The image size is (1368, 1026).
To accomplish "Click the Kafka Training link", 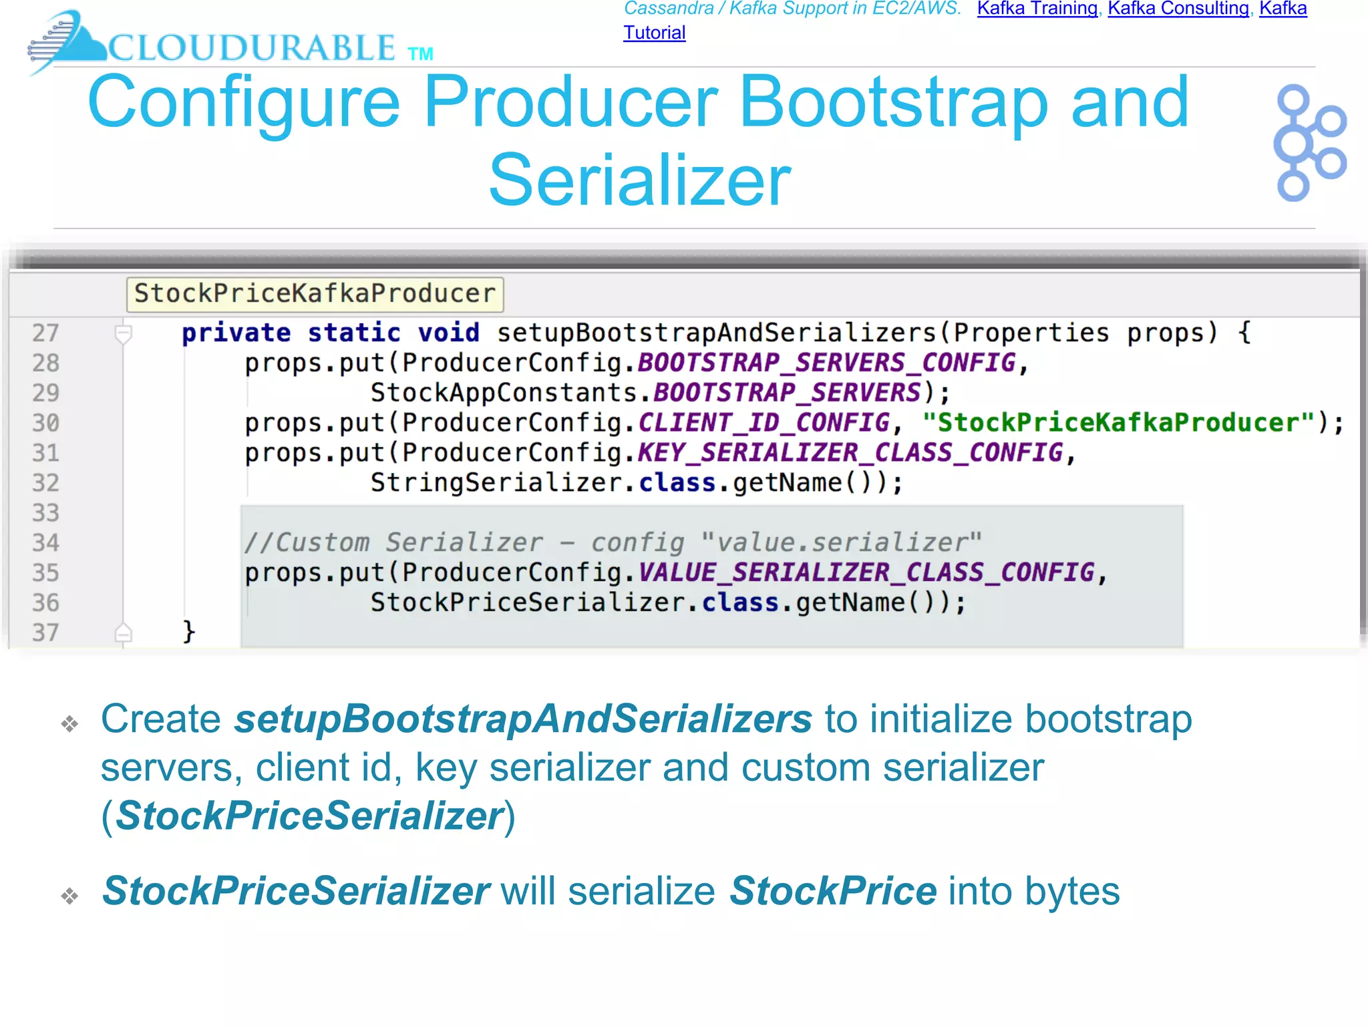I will [1037, 9].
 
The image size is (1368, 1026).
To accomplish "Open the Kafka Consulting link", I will [1178, 9].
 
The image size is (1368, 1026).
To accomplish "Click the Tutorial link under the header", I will [654, 33].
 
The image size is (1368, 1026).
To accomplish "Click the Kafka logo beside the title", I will [1310, 142].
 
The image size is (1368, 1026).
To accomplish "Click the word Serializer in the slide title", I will [639, 180].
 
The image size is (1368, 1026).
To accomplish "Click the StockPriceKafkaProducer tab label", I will [315, 294].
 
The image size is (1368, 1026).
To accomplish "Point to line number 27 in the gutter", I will [45, 333].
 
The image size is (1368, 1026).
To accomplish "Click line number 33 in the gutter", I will [45, 513].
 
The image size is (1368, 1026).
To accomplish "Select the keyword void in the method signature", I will [448, 333].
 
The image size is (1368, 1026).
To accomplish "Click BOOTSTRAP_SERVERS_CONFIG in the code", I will [826, 363].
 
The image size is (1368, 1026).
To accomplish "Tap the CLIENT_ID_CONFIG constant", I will [763, 423].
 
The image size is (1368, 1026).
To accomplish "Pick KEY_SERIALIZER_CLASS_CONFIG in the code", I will [850, 453].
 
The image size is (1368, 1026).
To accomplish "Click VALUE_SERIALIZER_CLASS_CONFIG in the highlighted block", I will [866, 572].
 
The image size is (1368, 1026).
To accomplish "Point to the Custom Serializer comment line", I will [612, 542].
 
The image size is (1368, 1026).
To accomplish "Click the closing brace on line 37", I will [188, 631].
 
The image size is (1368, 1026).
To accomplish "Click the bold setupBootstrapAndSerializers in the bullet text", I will [523, 719].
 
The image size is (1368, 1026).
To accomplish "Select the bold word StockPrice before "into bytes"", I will [832, 891].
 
